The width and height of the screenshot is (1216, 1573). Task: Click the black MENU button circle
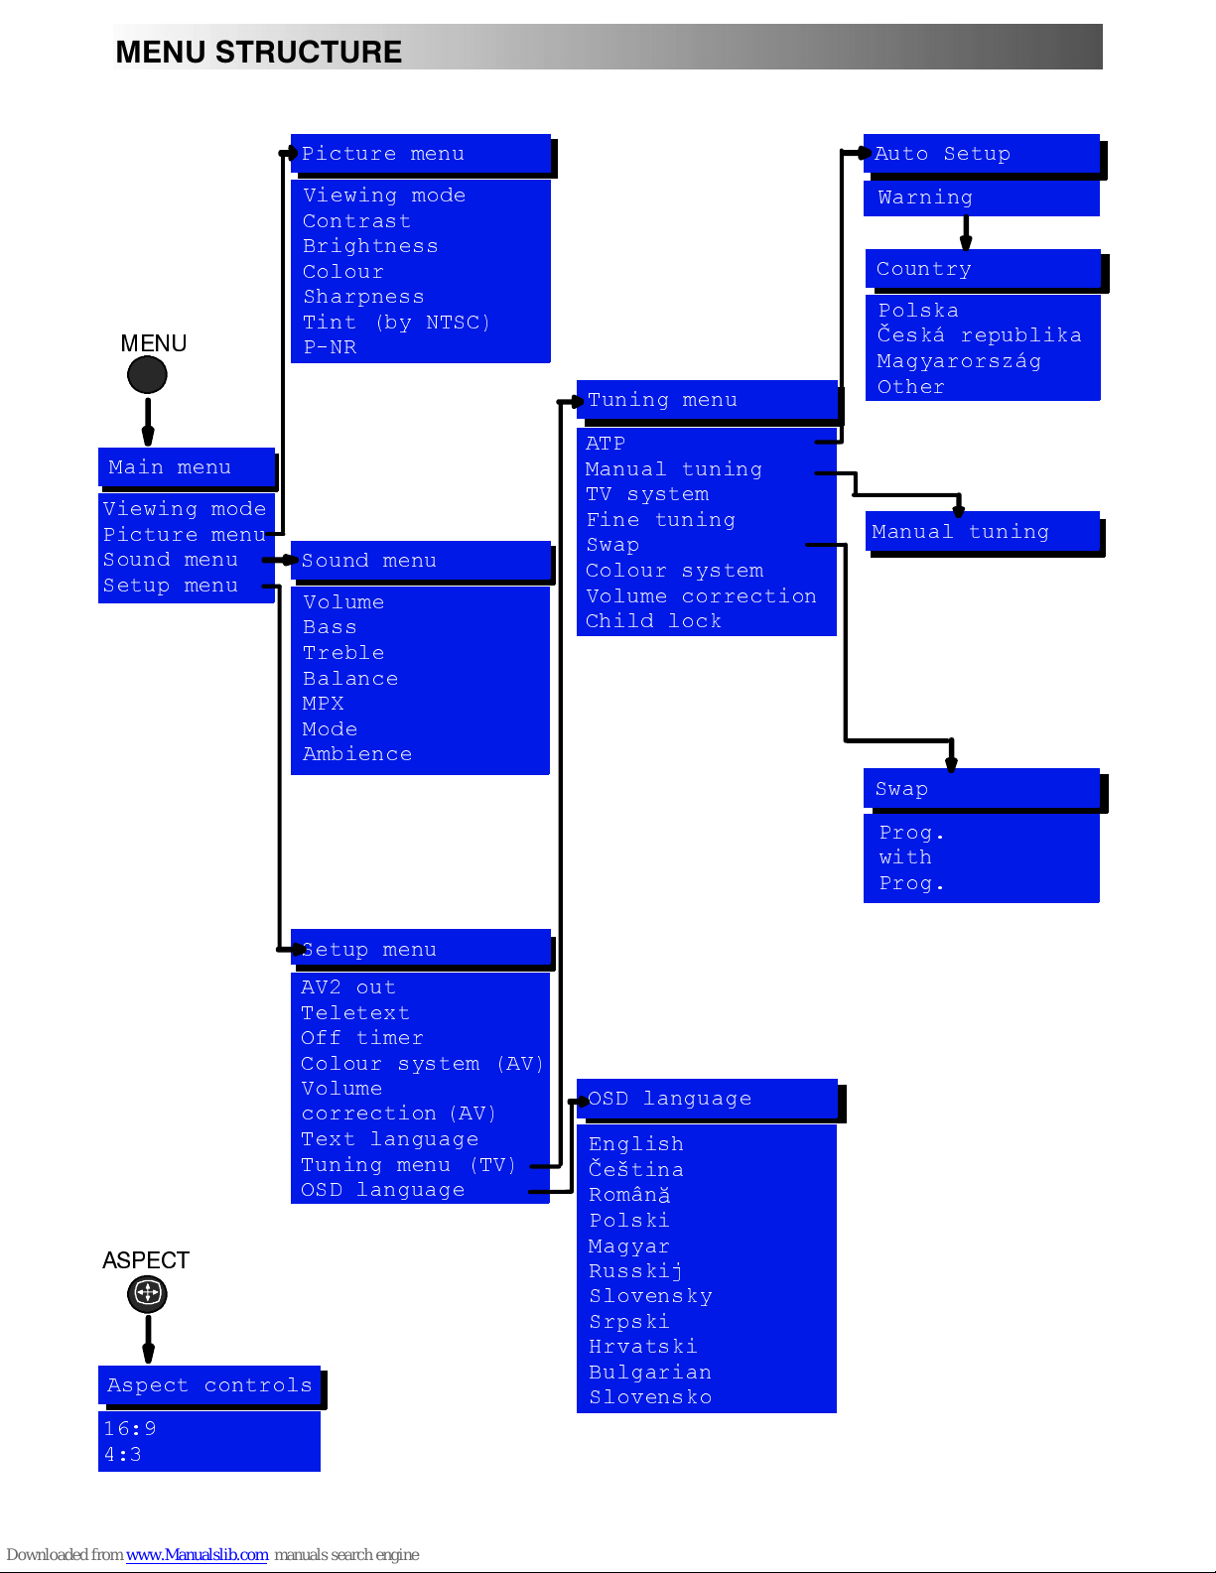pyautogui.click(x=147, y=375)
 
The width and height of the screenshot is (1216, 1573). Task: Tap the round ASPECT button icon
pyautogui.click(x=147, y=1293)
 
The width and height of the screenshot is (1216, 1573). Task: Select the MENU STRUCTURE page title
pyautogui.click(x=258, y=53)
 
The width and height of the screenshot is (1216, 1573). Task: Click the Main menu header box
pyautogui.click(x=187, y=467)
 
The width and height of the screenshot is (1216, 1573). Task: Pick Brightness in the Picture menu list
pyautogui.click(x=370, y=246)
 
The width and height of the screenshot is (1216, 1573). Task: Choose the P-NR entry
pyautogui.click(x=330, y=347)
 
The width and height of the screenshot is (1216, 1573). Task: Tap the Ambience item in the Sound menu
pyautogui.click(x=356, y=754)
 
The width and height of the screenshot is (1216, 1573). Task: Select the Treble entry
pyautogui.click(x=343, y=653)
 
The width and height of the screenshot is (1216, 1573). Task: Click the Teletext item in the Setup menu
pyautogui.click(x=355, y=1012)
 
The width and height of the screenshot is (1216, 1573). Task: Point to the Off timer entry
pyautogui.click(x=362, y=1038)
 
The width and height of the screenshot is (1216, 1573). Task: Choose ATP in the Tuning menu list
pyautogui.click(x=606, y=443)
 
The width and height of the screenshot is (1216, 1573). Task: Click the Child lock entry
pyautogui.click(x=653, y=621)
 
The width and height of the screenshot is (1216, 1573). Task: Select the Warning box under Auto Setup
pyautogui.click(x=982, y=197)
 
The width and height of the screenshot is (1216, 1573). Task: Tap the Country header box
pyautogui.click(x=983, y=269)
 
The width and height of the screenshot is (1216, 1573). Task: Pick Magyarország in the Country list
pyautogui.click(x=959, y=361)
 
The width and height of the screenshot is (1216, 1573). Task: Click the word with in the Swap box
pyautogui.click(x=905, y=857)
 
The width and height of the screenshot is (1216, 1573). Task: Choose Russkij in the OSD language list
pyautogui.click(x=635, y=1271)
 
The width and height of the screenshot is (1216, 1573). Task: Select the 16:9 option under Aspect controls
pyautogui.click(x=130, y=1428)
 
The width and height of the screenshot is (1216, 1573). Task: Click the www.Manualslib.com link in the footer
pyautogui.click(x=197, y=1555)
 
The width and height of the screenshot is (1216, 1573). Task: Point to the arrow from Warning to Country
pyautogui.click(x=966, y=233)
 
